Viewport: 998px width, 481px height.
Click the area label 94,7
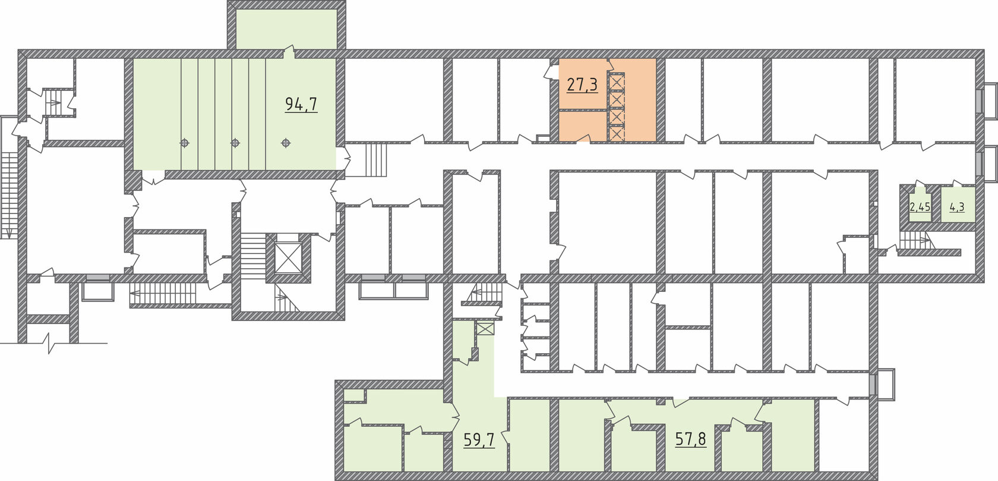(301, 104)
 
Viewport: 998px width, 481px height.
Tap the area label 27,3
(582, 84)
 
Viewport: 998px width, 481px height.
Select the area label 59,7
(479, 440)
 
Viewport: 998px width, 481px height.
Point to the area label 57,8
(691, 439)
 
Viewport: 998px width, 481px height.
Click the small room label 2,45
(920, 207)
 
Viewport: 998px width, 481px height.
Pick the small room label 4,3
(957, 207)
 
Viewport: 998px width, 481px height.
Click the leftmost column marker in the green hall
(184, 143)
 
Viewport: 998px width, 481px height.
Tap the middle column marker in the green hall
(235, 143)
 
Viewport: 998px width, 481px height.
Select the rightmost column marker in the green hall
(286, 143)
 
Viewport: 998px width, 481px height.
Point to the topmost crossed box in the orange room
(617, 82)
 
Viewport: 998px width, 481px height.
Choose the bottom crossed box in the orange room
(617, 133)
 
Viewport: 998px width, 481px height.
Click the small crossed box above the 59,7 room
(485, 329)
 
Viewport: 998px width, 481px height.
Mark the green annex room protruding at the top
(286, 29)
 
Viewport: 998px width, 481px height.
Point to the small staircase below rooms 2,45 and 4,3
(915, 241)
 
